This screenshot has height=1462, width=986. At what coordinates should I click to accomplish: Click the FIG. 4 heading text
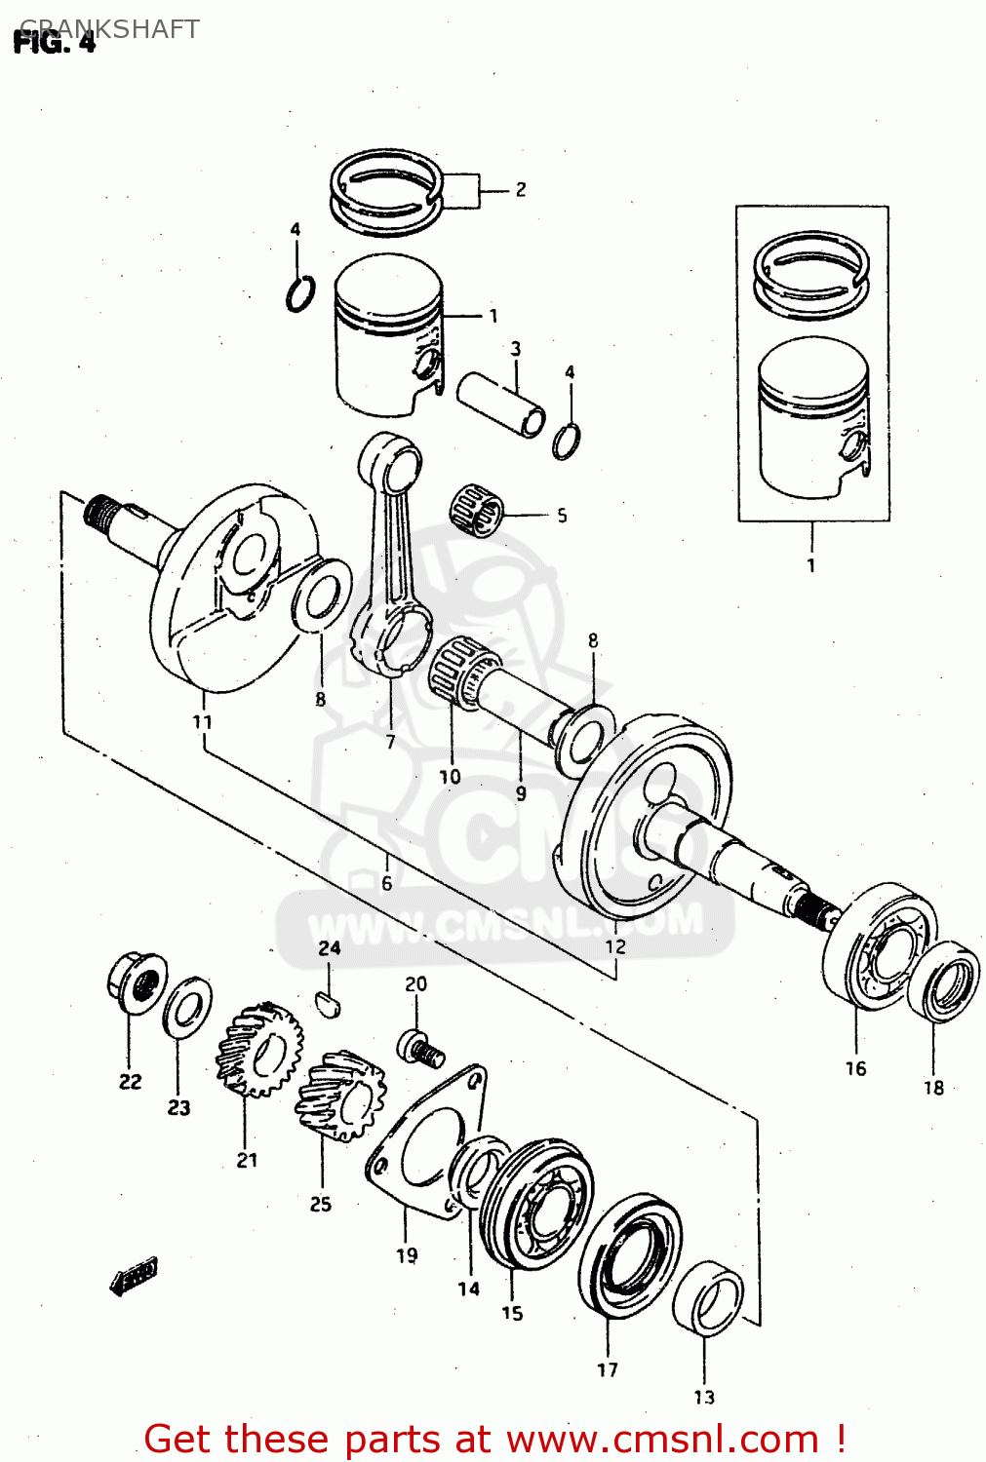[x=55, y=43]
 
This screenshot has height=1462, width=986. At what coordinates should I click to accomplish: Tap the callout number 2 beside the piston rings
[x=520, y=189]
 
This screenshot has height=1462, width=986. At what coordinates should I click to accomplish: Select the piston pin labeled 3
[x=502, y=402]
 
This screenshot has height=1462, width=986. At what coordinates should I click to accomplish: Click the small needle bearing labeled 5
[x=477, y=508]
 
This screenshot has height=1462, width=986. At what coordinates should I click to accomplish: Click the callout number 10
[x=450, y=777]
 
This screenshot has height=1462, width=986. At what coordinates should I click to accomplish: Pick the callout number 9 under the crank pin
[x=521, y=793]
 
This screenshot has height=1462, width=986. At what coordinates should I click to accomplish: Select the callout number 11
[x=202, y=722]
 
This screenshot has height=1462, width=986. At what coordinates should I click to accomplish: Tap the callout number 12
[x=615, y=945]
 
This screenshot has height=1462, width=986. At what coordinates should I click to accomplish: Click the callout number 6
[x=386, y=883]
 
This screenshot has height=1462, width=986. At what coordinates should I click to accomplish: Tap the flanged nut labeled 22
[x=134, y=981]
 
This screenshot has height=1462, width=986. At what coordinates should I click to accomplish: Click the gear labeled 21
[x=257, y=1051]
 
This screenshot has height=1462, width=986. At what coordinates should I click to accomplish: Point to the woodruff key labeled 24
[x=330, y=1002]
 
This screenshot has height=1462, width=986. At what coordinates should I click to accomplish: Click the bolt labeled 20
[x=420, y=1047]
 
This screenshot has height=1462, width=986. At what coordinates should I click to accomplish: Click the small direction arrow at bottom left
[x=134, y=1276]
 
